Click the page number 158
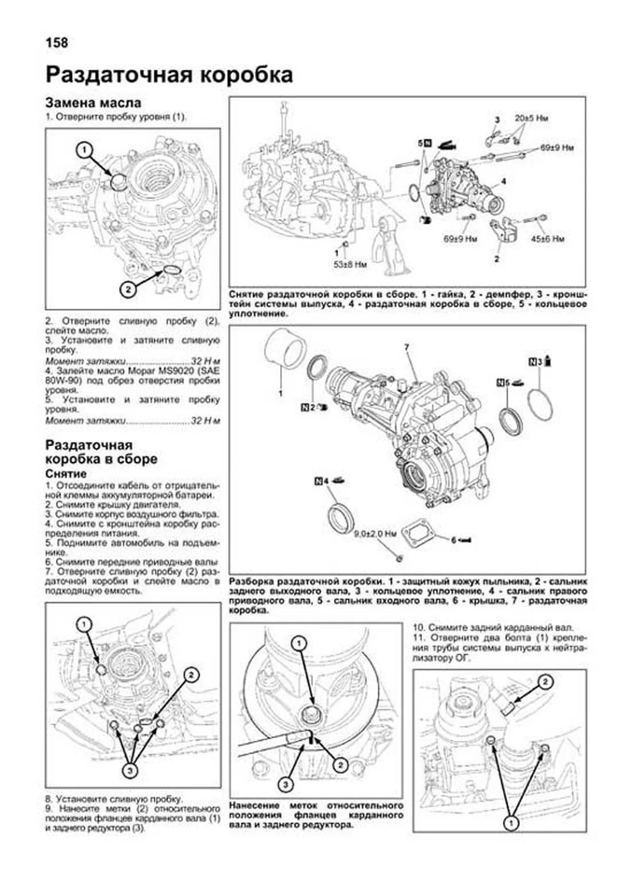pos(57,43)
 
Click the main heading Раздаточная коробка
pos(169,75)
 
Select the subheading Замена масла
pos(93,102)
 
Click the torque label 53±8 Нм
pos(350,264)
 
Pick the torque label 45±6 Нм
pos(547,239)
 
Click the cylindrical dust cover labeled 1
pos(285,348)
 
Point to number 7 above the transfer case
pos(407,348)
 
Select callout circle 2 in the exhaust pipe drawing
pos(545,682)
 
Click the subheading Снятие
pos(66,474)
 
